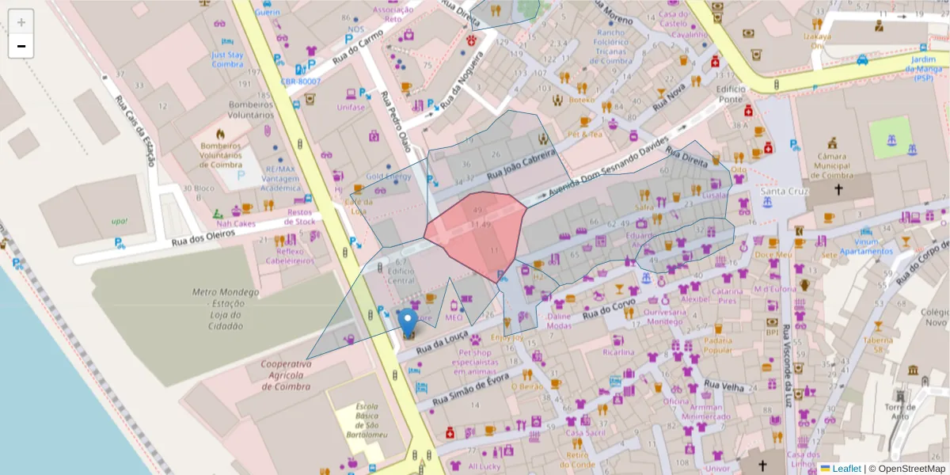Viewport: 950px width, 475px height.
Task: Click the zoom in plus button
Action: [21, 22]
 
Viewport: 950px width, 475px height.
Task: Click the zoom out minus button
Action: [21, 46]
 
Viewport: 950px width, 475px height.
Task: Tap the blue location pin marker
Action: [408, 324]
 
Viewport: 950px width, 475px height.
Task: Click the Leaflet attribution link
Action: [845, 469]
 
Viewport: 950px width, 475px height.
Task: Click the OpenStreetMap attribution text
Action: [906, 469]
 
